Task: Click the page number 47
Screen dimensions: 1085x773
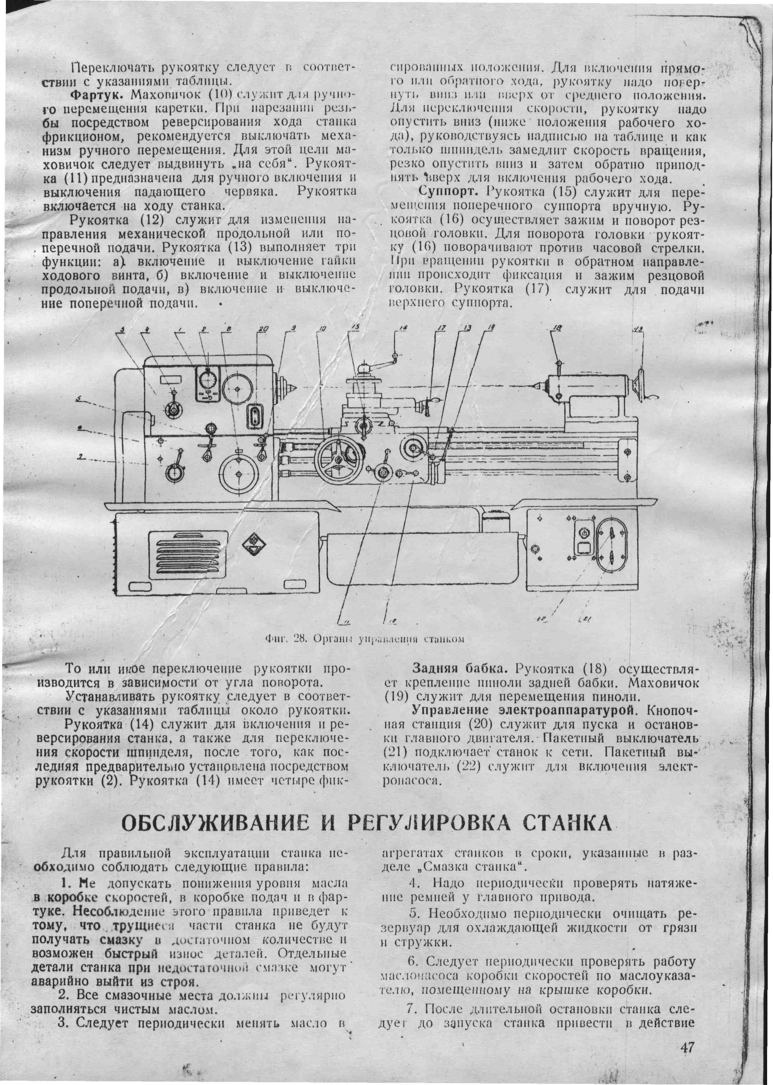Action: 687,1033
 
